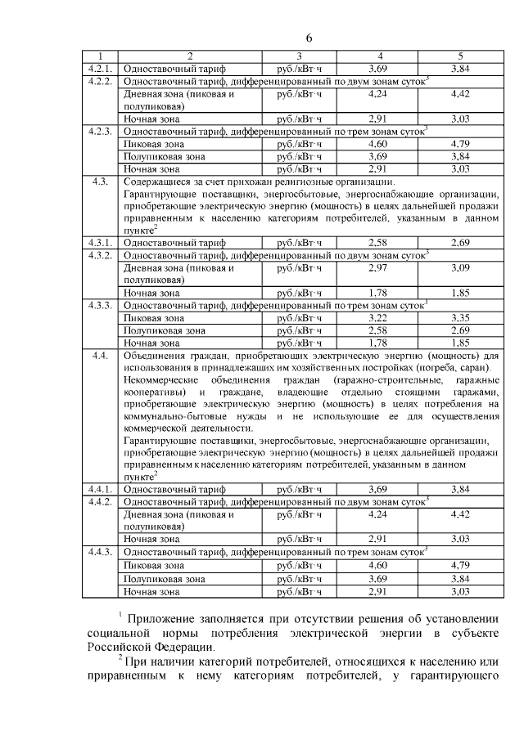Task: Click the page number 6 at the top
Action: (310, 38)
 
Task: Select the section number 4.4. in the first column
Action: (101, 356)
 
